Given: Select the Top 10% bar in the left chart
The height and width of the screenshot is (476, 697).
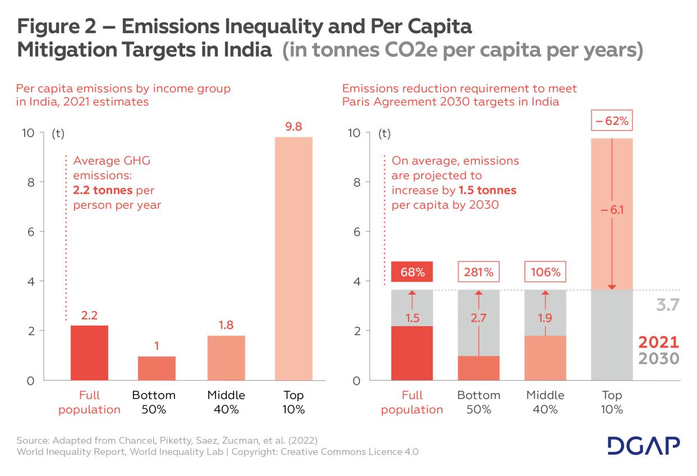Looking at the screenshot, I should point(294,258).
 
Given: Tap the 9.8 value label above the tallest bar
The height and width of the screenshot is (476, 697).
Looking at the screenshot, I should point(294,126).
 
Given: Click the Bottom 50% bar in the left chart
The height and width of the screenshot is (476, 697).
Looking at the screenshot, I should point(157,368).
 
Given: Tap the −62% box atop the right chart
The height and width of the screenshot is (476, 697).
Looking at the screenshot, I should point(612,121).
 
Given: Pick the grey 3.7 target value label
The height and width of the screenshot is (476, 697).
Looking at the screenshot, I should point(668,305).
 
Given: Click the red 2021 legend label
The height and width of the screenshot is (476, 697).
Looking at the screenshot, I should point(659,342).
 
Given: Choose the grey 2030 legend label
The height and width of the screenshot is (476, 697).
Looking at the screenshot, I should point(659,358).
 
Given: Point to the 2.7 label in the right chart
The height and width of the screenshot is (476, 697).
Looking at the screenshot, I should point(478,318).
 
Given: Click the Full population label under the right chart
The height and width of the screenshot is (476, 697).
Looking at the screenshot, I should point(412,402).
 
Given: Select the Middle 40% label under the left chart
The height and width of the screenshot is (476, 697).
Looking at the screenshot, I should point(226,402).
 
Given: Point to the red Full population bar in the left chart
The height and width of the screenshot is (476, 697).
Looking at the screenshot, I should point(89,353).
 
